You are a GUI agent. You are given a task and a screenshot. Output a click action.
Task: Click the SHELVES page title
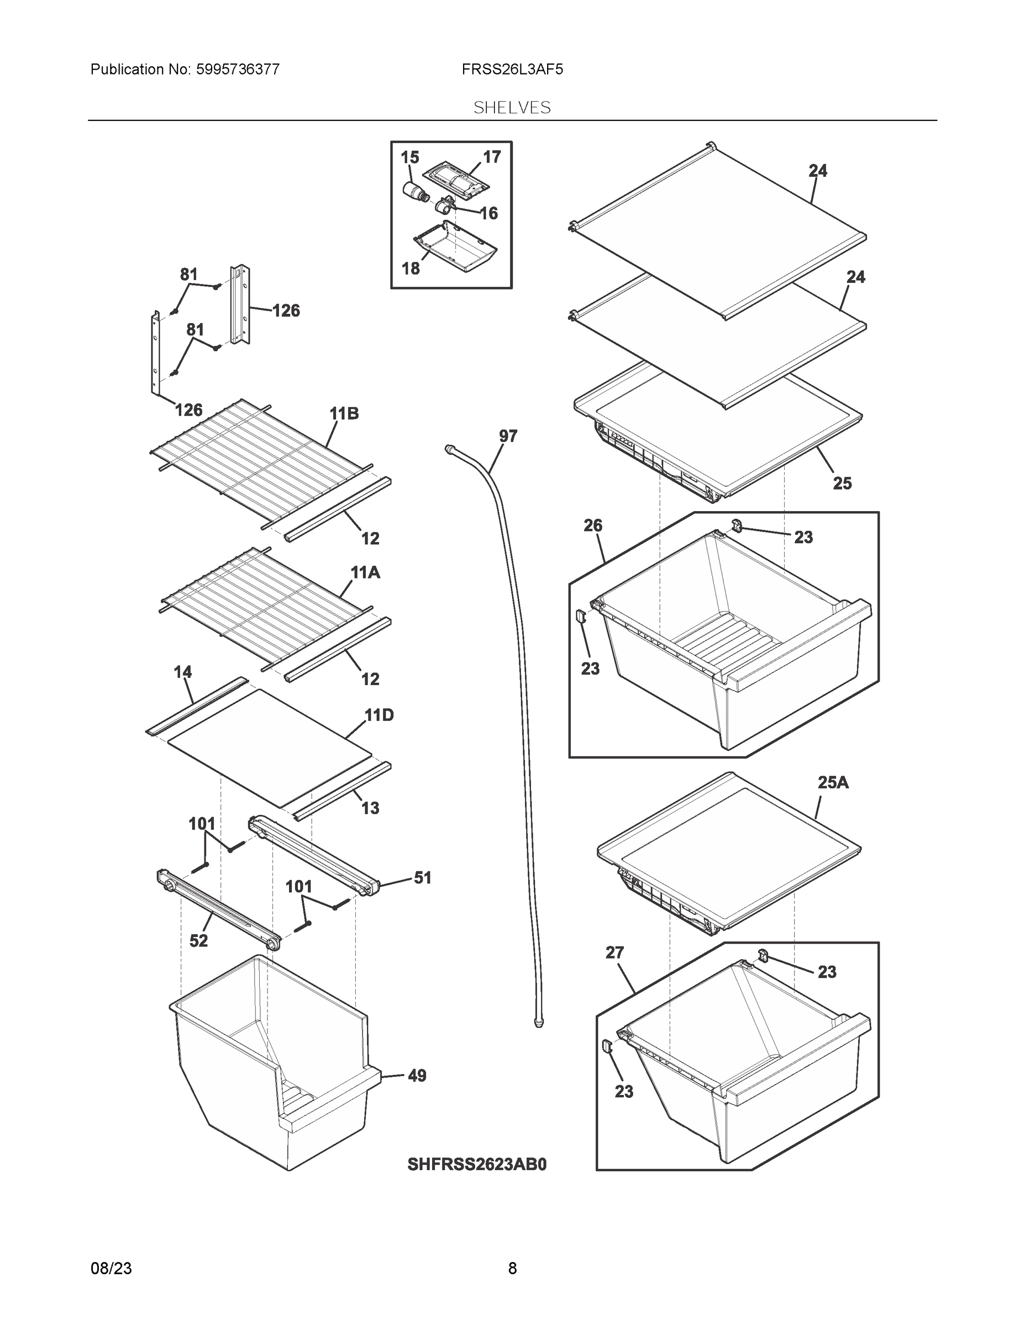pyautogui.click(x=512, y=108)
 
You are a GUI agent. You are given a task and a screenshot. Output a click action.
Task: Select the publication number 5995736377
pyautogui.click(x=238, y=70)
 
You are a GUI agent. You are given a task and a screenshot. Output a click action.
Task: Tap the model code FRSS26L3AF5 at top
pyautogui.click(x=512, y=70)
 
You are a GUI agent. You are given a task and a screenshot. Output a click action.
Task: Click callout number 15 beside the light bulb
pyautogui.click(x=410, y=157)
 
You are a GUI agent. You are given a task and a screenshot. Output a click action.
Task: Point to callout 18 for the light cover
pyautogui.click(x=411, y=268)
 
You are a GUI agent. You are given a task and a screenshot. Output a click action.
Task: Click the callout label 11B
pyautogui.click(x=344, y=413)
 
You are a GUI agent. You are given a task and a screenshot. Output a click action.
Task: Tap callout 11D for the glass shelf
pyautogui.click(x=379, y=714)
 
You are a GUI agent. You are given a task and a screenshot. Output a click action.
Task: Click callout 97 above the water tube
pyautogui.click(x=508, y=436)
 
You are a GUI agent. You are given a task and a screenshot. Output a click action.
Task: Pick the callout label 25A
pyautogui.click(x=833, y=782)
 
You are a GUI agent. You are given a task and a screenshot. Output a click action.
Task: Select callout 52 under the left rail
pyautogui.click(x=198, y=940)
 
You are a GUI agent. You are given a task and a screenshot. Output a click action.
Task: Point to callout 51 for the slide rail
pyautogui.click(x=423, y=877)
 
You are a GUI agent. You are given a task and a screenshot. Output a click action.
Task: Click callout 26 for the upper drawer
pyautogui.click(x=593, y=525)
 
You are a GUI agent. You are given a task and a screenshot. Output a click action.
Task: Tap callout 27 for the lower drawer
pyautogui.click(x=614, y=953)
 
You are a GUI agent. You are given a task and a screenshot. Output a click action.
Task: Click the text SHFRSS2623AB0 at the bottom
pyautogui.click(x=477, y=1164)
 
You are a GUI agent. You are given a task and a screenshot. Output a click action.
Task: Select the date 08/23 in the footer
pyautogui.click(x=111, y=1269)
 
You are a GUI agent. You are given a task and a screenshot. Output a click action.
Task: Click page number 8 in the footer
pyautogui.click(x=512, y=1269)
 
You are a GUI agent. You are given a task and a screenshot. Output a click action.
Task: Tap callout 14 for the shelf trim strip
pyautogui.click(x=183, y=671)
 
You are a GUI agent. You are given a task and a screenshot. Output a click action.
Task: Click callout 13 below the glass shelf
pyautogui.click(x=370, y=808)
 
